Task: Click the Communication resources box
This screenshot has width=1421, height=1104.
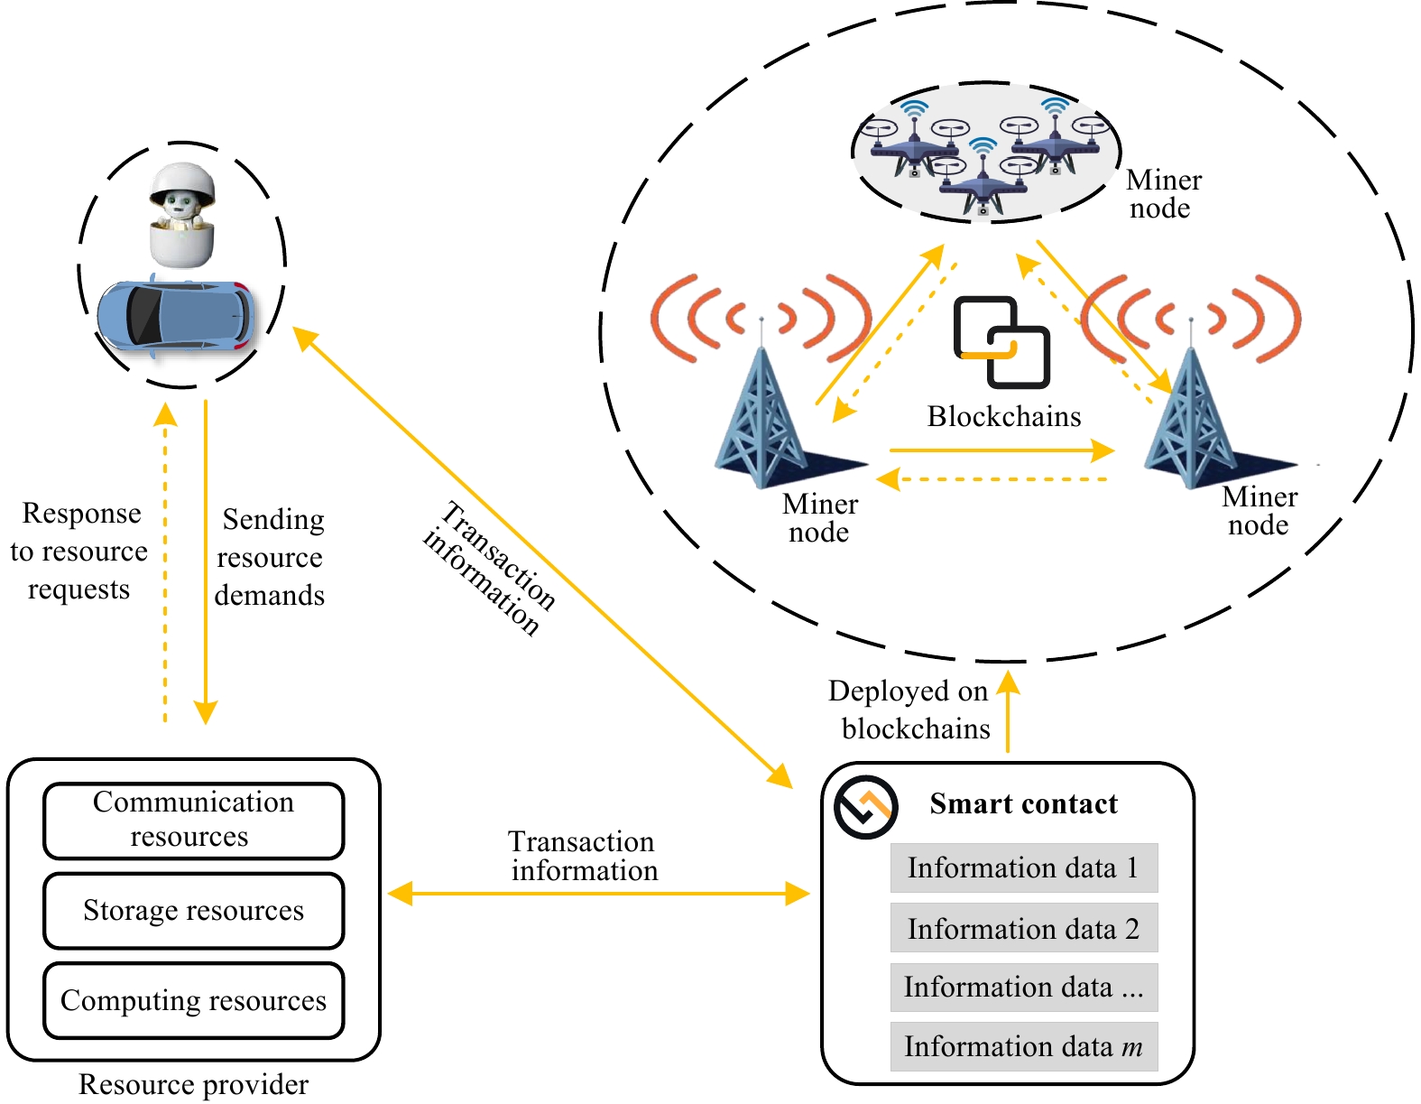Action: click(193, 820)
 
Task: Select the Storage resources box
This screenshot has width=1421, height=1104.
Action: click(193, 910)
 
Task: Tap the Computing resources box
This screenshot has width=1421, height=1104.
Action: click(193, 1000)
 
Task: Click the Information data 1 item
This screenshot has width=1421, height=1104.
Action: click(1023, 867)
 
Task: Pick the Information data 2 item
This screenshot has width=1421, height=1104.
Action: click(1023, 928)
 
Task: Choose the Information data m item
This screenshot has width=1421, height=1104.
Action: click(1023, 1046)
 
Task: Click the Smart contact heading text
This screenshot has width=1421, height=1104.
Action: click(1023, 803)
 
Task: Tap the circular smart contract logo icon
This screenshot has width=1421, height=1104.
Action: click(865, 806)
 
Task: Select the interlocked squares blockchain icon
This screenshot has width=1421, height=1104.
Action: click(1001, 341)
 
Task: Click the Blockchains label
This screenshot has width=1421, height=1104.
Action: click(1003, 416)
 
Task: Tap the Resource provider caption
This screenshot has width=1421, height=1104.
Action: click(193, 1084)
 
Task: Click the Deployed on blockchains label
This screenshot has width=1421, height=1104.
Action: click(909, 710)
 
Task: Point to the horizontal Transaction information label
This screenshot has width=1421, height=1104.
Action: click(583, 856)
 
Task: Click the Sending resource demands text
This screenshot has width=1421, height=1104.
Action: click(270, 557)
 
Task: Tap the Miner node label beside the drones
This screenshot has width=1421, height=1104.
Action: click(1163, 194)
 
